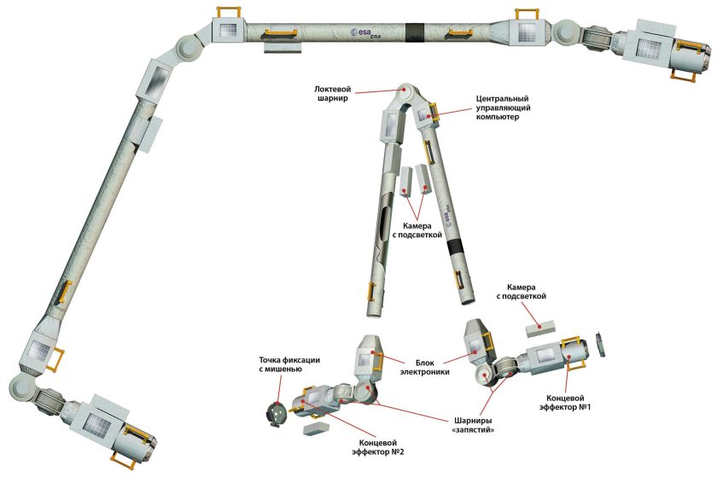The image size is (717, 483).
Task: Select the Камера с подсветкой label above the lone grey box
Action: coord(527,292)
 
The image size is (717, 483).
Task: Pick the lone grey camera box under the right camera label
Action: coord(540,324)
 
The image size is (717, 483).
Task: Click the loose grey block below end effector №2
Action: coord(315,428)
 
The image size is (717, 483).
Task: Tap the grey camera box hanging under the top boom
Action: coord(282,46)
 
